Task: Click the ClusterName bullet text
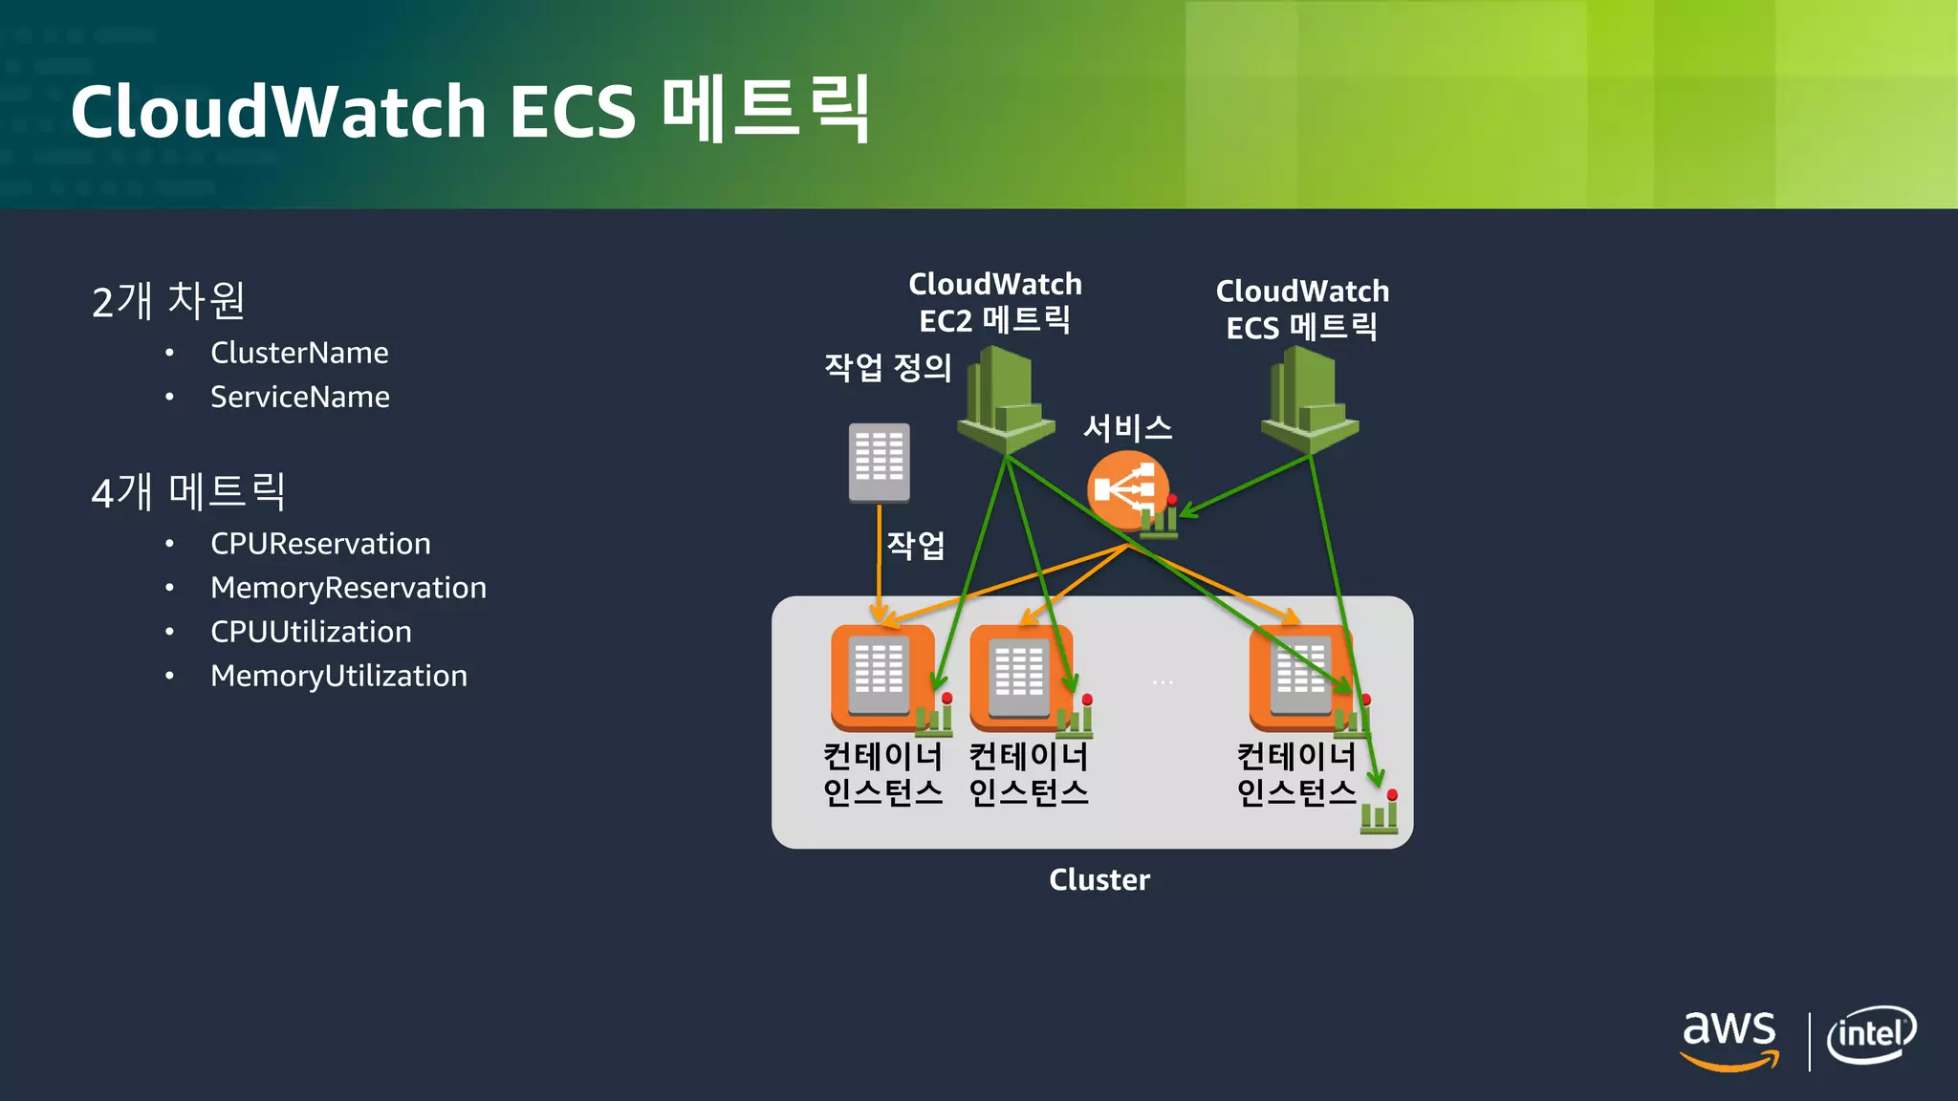(299, 353)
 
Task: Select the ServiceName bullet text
(299, 397)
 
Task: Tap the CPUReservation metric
(320, 544)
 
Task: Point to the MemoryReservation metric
(348, 588)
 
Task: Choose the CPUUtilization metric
(311, 632)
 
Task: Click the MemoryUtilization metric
(338, 676)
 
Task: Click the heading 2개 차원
(168, 301)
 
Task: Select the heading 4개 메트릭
(188, 492)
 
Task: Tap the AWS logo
(1730, 1039)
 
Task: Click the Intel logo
(1871, 1035)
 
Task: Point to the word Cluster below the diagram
(1099, 879)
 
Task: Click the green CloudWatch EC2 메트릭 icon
(1005, 401)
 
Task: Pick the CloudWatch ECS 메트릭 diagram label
(1302, 309)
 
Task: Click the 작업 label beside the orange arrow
(916, 545)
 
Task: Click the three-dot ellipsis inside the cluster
(1163, 682)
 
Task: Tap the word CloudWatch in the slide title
(278, 112)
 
